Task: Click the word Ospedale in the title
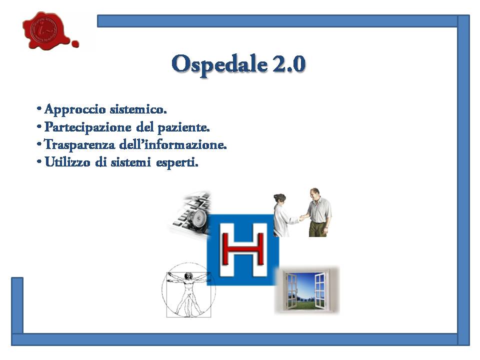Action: (219, 64)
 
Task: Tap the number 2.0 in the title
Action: (288, 64)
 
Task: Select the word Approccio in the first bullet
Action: (75, 109)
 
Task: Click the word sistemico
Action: (138, 109)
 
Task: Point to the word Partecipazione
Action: (88, 127)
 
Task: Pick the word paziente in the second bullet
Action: (183, 127)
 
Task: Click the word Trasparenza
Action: (79, 145)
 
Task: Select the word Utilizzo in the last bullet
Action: (67, 161)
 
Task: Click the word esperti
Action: (177, 162)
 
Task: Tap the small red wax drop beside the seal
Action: (75, 44)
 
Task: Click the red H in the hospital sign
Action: (243, 248)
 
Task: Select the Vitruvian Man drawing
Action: (188, 290)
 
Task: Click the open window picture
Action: (307, 290)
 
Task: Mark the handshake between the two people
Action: (301, 218)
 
